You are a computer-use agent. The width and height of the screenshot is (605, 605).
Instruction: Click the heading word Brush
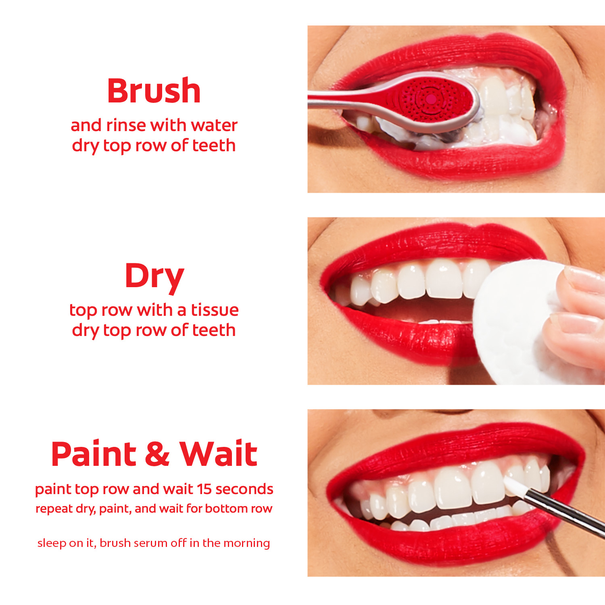pyautogui.click(x=154, y=91)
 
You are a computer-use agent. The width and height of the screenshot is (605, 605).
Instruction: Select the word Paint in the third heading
pyautogui.click(x=94, y=454)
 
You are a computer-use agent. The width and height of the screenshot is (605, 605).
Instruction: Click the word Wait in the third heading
pyautogui.click(x=218, y=454)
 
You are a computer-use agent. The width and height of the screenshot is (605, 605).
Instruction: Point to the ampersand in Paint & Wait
pyautogui.click(x=157, y=454)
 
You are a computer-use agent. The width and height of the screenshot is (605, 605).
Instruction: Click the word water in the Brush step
pyautogui.click(x=214, y=125)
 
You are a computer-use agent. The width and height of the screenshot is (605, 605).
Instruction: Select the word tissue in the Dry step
pyautogui.click(x=215, y=310)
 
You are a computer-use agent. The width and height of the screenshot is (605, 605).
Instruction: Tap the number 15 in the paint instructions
pyautogui.click(x=204, y=489)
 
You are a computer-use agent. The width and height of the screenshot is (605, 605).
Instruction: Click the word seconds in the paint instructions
pyautogui.click(x=244, y=489)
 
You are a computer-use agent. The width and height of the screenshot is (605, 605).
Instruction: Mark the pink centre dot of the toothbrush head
pyautogui.click(x=431, y=99)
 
